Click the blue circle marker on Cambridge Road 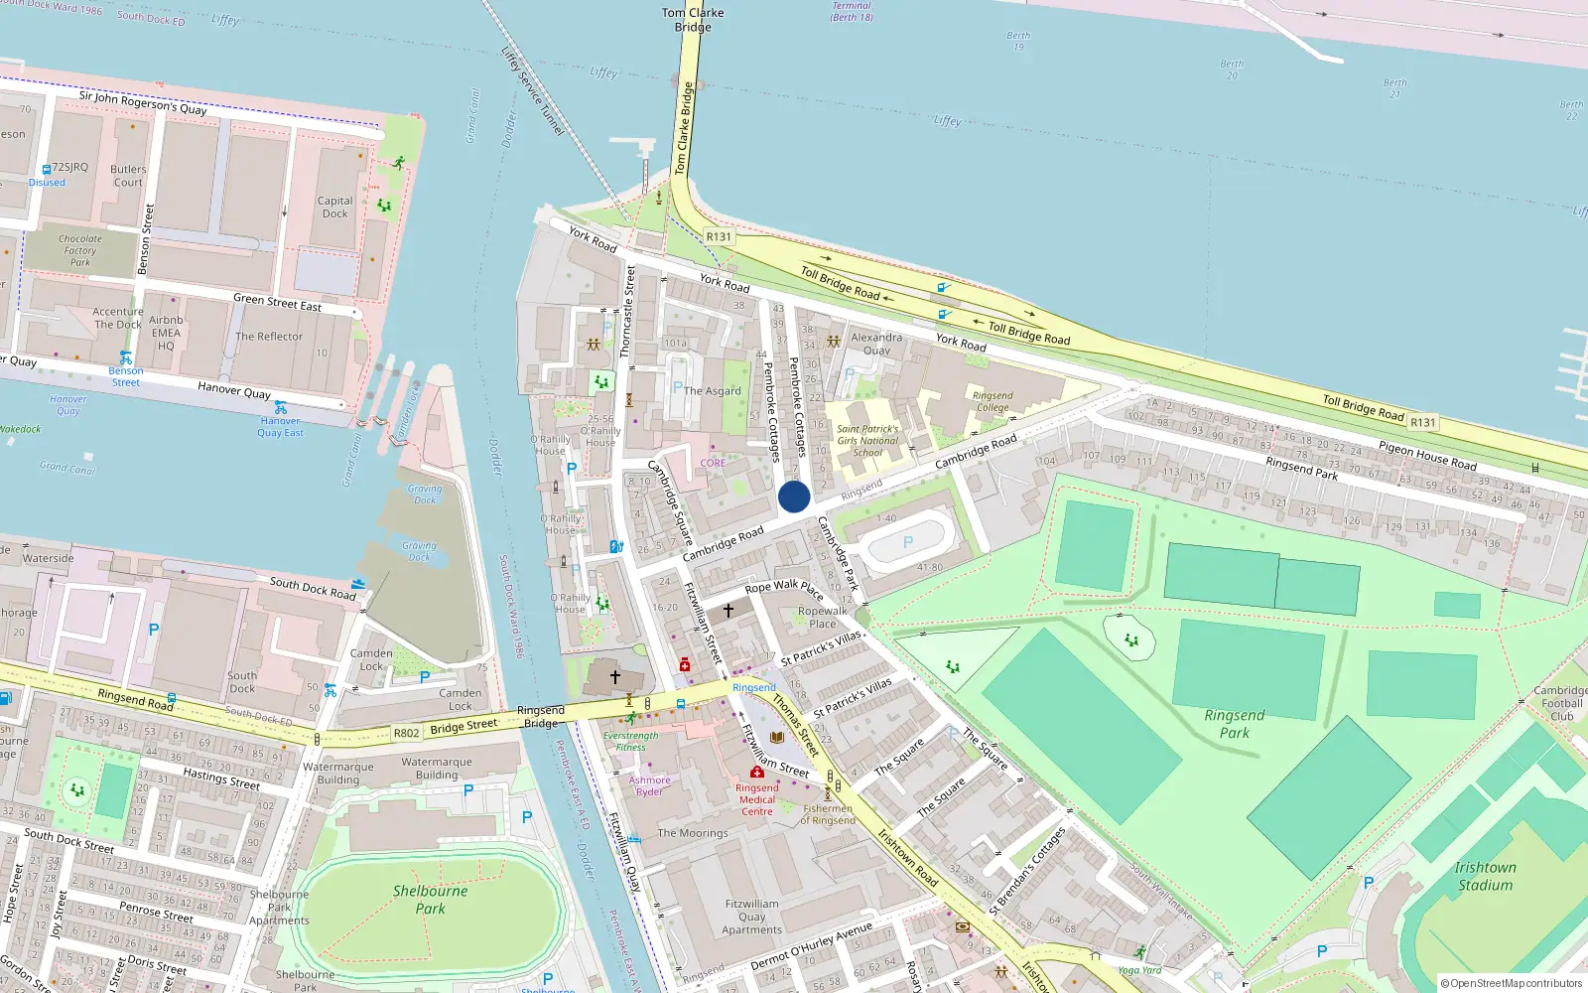point(794,496)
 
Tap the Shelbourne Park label point(430,899)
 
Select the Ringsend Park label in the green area point(1235,724)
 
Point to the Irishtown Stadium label point(1485,876)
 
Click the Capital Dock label point(334,207)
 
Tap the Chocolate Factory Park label point(80,250)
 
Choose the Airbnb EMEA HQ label point(166,333)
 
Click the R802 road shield point(406,733)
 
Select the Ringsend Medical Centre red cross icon point(757,772)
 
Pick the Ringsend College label point(992,401)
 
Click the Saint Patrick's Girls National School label point(867,441)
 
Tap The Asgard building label point(713,390)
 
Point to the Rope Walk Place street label point(783,588)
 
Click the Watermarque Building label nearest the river point(437,769)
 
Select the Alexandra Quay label point(876,344)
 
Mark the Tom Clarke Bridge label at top point(693,20)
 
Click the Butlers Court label point(128,176)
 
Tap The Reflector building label point(269,337)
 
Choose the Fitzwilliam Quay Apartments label point(752,917)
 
